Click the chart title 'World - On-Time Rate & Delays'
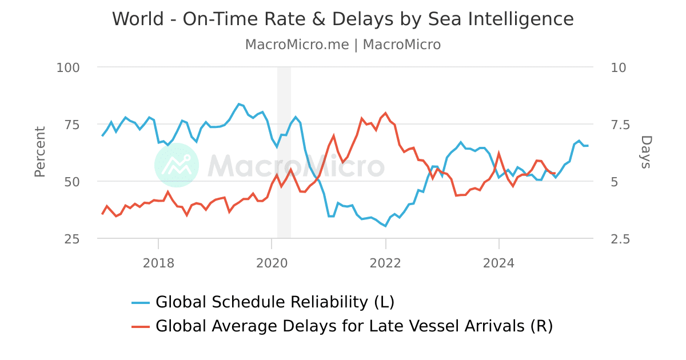(342, 19)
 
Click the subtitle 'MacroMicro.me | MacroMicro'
(342, 45)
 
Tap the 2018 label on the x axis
(158, 263)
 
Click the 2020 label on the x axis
(272, 263)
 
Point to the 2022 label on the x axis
(385, 263)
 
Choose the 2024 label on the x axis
(498, 263)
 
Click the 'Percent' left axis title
(39, 152)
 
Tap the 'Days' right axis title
(645, 152)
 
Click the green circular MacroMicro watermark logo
(177, 165)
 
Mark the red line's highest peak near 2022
(385, 113)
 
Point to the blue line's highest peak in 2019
(239, 104)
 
